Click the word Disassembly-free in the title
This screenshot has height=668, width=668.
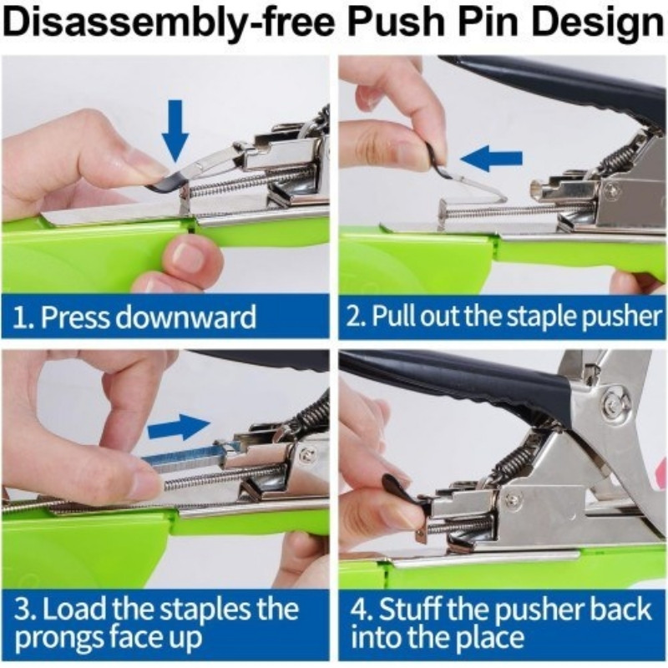coord(169,23)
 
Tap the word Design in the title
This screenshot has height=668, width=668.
coord(599,23)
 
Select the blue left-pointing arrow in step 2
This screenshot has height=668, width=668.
coord(491,158)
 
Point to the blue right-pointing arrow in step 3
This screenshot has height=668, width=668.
coord(179,427)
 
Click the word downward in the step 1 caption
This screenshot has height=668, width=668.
coord(186,316)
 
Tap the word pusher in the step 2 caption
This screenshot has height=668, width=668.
coord(621,316)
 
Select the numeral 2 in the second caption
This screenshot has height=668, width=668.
coord(352,317)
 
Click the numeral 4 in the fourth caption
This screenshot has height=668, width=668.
coord(359,610)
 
